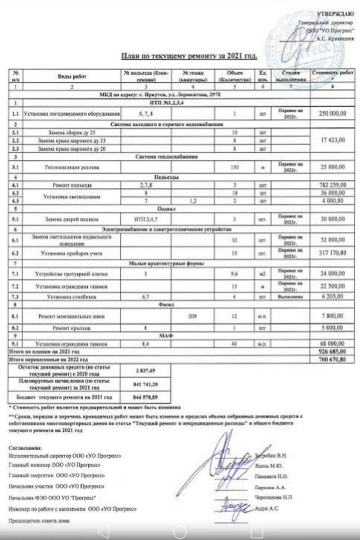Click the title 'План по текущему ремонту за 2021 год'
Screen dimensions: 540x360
click(189, 57)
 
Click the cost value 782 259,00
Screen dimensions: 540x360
click(333, 184)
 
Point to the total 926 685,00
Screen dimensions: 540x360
click(333, 351)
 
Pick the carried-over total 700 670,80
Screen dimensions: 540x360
click(333, 360)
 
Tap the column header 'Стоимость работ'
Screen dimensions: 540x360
click(333, 73)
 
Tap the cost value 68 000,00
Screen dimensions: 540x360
click(333, 344)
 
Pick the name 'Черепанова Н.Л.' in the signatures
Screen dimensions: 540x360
click(274, 497)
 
